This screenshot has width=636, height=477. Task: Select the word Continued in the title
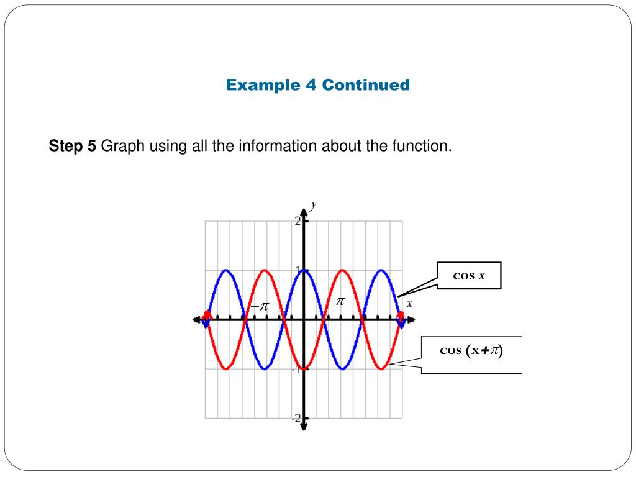[366, 84]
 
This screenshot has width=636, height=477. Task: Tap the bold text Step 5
[73, 147]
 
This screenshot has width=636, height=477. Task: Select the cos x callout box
[468, 276]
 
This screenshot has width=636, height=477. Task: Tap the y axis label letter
[314, 204]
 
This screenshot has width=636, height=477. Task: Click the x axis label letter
[409, 304]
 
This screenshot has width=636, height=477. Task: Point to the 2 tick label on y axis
[298, 221]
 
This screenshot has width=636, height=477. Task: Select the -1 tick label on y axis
[296, 369]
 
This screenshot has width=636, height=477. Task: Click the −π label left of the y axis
[260, 307]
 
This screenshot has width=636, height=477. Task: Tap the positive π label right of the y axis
[340, 301]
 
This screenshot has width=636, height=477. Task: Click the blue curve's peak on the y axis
[304, 270]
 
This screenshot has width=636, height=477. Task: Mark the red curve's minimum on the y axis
[304, 368]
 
